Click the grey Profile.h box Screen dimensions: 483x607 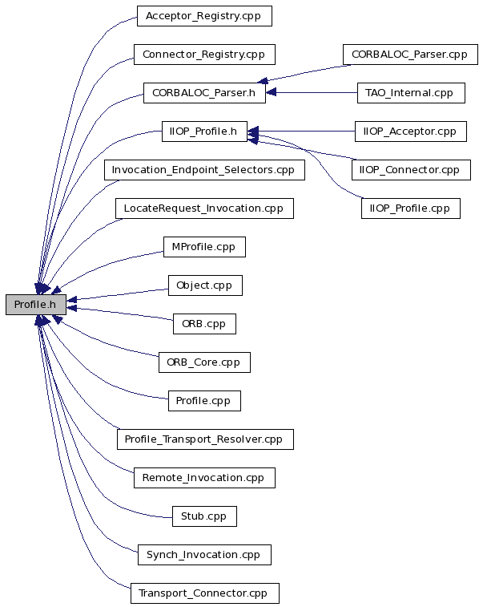click(x=36, y=305)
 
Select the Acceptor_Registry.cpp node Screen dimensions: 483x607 click(x=204, y=16)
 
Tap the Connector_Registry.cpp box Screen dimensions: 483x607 click(x=204, y=55)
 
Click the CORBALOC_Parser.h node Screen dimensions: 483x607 click(x=204, y=93)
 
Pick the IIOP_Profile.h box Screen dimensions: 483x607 click(x=204, y=132)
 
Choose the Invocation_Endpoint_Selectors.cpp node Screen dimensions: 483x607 click(x=204, y=170)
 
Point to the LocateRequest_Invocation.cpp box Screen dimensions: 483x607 click(x=204, y=208)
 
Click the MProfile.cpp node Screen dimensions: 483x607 click(x=204, y=247)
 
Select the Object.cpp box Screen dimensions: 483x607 click(x=205, y=285)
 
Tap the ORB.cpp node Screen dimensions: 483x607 click(x=204, y=324)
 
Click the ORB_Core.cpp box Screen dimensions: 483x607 click(x=204, y=362)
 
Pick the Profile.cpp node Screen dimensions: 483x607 click(x=204, y=401)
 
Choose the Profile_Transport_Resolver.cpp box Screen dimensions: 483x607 click(x=205, y=439)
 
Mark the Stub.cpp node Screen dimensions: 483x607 click(x=204, y=516)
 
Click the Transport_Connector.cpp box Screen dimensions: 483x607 click(x=204, y=593)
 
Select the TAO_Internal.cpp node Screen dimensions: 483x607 click(x=411, y=93)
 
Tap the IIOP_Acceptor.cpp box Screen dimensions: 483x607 click(x=411, y=132)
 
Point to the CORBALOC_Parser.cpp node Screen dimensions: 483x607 click(x=410, y=55)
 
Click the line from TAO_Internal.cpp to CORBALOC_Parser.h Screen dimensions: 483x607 click(x=312, y=93)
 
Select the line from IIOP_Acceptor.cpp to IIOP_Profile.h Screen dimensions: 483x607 click(x=301, y=132)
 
